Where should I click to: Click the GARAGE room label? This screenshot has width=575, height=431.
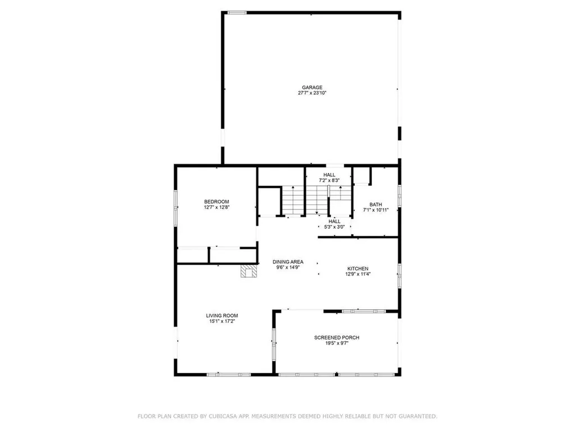tap(312, 87)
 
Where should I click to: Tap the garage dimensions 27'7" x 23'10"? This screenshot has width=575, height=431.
tap(312, 93)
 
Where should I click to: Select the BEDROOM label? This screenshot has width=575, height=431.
tap(216, 201)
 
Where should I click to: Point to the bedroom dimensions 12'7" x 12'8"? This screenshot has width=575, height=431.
tap(216, 208)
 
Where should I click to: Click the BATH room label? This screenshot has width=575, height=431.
tap(375, 204)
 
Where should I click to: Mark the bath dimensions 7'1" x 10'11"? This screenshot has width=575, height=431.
tap(375, 210)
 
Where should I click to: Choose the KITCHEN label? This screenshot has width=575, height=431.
tap(358, 268)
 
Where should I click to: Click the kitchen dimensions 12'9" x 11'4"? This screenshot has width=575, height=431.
tap(358, 274)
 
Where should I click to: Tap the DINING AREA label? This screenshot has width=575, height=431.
tap(288, 262)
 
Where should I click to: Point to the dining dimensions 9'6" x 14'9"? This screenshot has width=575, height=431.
tap(288, 268)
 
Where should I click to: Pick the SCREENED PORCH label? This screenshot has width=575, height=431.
tap(336, 337)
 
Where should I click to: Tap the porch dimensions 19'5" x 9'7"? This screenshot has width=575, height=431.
tap(336, 343)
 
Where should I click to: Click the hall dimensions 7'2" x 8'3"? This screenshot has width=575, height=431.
tap(329, 181)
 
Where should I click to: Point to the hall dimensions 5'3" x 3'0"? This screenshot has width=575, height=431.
tap(334, 227)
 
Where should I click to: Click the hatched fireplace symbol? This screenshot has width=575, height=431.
tap(249, 272)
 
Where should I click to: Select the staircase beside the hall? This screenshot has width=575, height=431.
tap(304, 200)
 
